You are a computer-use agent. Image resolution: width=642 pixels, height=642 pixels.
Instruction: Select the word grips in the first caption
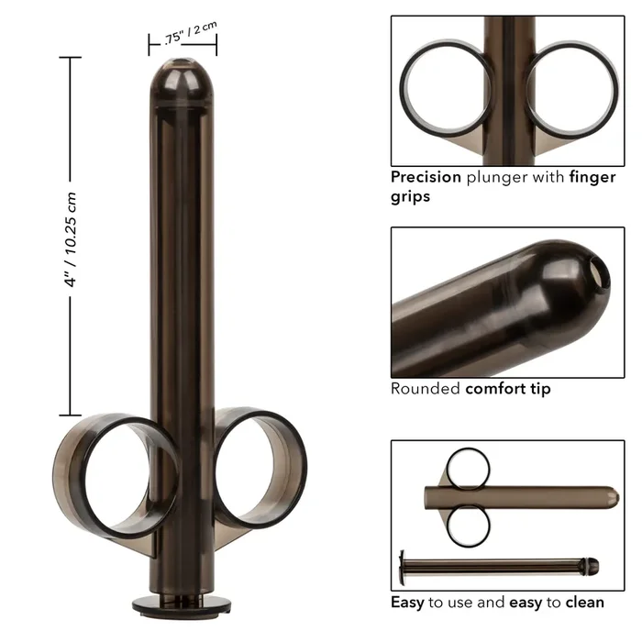click(411, 196)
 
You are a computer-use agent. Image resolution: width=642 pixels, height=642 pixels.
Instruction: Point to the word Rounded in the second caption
click(425, 388)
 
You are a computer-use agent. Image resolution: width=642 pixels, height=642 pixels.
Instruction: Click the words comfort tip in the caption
click(508, 388)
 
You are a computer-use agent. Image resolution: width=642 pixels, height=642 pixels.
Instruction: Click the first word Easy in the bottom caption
click(408, 603)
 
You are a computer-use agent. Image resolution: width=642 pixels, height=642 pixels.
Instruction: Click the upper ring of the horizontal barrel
click(470, 467)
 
